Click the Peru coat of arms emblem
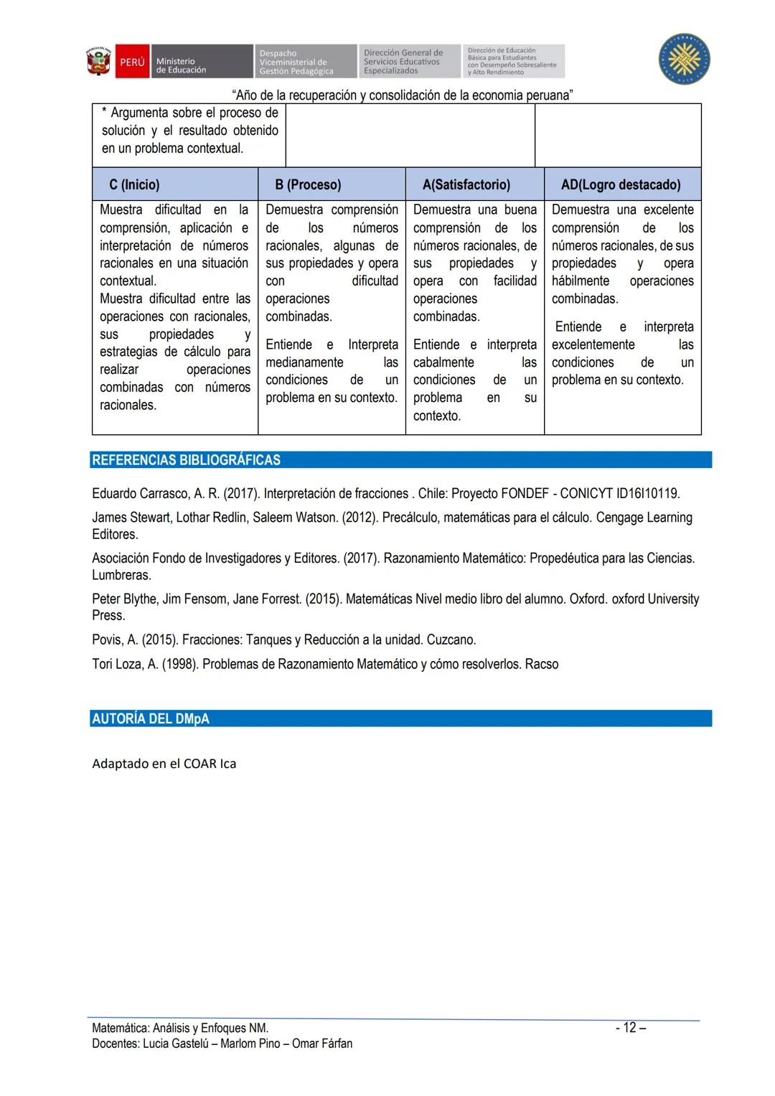click(99, 62)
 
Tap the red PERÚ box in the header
click(132, 62)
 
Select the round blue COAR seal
click(685, 59)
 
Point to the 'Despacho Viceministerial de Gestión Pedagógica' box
click(304, 62)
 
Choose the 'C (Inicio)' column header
click(134, 184)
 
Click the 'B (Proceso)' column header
click(308, 184)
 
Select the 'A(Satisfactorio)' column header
click(466, 184)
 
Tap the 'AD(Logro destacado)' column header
click(621, 184)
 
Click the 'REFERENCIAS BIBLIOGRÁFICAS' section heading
click(186, 460)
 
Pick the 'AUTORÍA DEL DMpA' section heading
click(151, 718)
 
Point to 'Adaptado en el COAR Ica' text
click(164, 764)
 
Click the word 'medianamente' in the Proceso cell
click(304, 362)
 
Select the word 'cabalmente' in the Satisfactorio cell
click(443, 362)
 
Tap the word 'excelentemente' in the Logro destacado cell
click(593, 345)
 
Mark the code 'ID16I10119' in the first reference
click(647, 494)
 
